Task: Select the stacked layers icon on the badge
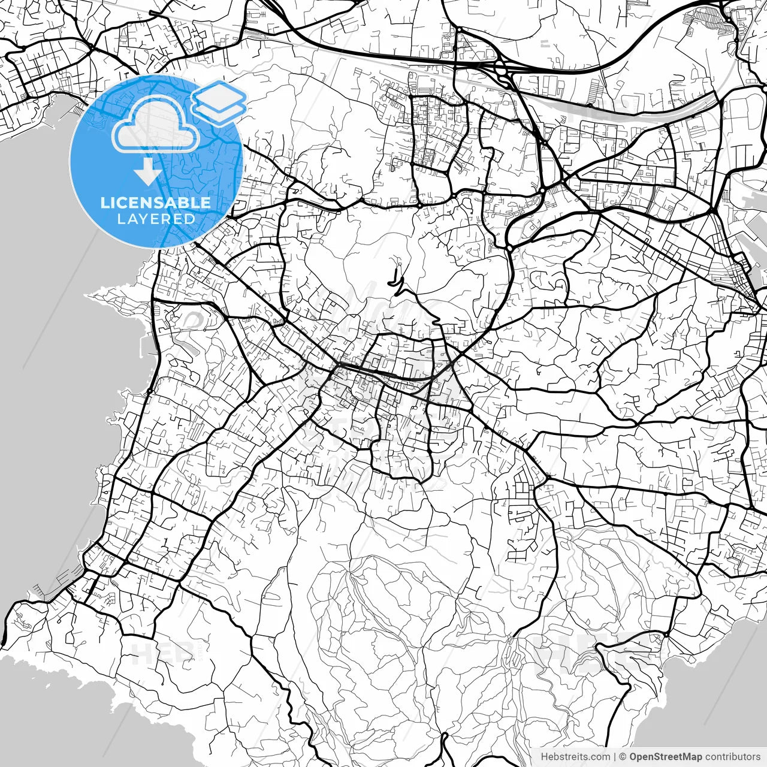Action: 219,102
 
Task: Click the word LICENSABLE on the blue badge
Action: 155,203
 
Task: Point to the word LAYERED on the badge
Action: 156,219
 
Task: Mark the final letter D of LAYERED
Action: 191,219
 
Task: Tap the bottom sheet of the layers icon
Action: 219,110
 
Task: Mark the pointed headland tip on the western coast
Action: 90,295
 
